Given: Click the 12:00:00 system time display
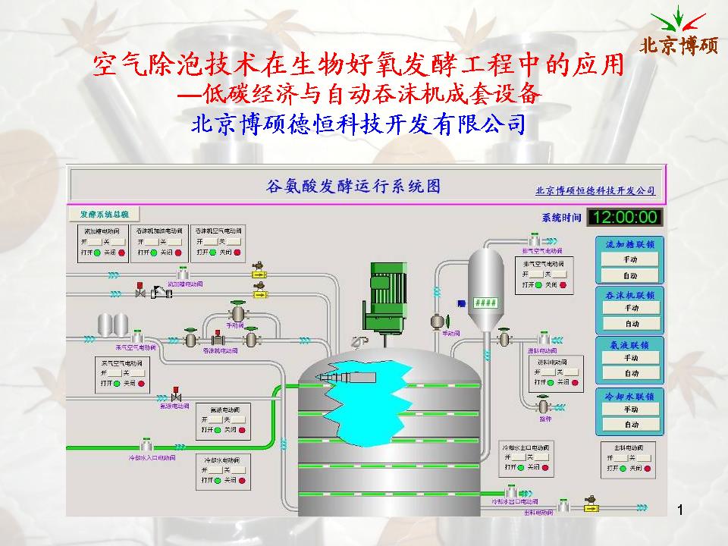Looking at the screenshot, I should pos(626,218).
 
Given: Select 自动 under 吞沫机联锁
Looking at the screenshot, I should pos(631,324).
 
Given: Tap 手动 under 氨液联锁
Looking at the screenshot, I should pos(631,359).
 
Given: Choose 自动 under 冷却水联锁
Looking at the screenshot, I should pos(631,425).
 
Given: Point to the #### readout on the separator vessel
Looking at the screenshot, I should pos(485,302).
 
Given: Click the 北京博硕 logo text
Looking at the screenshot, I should pos(678,45).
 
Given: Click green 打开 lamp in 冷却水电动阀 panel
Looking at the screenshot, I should pos(217,481).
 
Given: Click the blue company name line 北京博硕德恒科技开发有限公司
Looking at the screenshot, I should pos(359,124).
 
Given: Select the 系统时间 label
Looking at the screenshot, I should pos(561,218).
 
